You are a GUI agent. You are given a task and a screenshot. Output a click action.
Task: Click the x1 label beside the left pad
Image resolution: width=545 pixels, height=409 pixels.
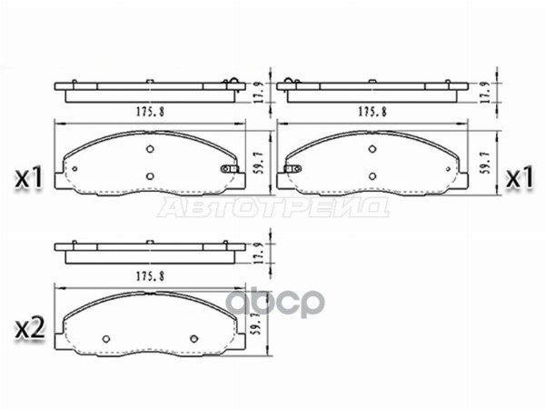(28, 178)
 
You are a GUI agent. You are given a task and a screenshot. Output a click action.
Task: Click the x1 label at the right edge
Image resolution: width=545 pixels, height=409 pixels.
(520, 178)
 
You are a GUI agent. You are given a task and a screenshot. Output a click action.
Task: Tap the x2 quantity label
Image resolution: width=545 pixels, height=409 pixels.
(30, 329)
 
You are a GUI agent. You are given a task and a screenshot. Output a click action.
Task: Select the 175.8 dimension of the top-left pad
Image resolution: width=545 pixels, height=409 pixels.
(150, 112)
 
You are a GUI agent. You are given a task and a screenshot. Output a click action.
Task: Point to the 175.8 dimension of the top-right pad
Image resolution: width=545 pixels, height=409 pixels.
(372, 112)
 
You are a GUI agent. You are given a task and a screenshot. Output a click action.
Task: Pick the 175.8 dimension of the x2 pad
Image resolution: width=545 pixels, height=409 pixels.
(150, 276)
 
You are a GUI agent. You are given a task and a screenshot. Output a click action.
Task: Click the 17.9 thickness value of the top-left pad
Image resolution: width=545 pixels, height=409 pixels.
(259, 93)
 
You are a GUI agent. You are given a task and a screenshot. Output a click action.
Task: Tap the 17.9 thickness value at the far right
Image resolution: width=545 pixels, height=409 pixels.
(486, 93)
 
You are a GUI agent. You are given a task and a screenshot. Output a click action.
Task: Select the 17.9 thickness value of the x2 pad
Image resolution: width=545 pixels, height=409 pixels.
(259, 254)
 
